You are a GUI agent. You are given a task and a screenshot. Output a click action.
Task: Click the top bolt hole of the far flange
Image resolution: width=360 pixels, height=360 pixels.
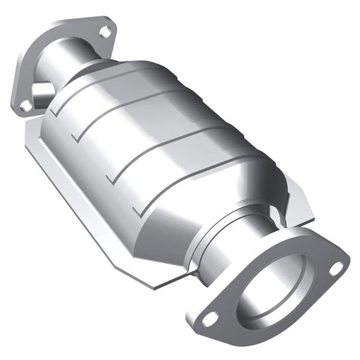click(106, 30)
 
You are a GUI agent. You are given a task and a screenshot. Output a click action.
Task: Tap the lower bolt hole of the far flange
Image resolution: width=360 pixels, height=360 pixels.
click(25, 106)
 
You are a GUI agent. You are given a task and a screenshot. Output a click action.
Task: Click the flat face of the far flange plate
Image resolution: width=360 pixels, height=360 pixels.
click(37, 62)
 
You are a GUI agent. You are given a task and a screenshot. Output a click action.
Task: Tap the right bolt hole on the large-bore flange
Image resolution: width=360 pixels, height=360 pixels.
click(335, 268)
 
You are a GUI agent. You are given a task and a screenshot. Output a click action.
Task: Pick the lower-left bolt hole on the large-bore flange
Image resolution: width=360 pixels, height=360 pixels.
click(210, 318)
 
